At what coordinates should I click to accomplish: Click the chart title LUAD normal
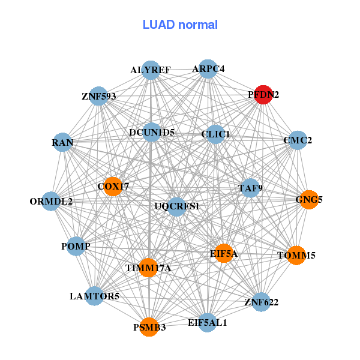180,25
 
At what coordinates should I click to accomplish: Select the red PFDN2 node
264,95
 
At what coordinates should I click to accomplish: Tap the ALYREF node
151,70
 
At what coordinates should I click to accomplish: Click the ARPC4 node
208,69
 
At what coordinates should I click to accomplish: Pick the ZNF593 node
98,96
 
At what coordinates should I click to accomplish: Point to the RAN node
62,143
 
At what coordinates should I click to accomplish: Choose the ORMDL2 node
52,201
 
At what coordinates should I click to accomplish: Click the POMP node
76,247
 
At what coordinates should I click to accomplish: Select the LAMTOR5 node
94,296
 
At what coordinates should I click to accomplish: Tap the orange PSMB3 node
149,327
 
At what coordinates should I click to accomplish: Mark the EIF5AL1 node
207,322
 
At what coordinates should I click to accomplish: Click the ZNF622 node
261,302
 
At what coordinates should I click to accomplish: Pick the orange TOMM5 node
296,255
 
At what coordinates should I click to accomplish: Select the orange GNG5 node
308,199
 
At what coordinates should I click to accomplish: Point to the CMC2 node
298,141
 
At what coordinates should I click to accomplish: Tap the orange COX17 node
113,187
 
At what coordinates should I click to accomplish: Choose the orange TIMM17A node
148,268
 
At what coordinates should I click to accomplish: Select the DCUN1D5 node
151,133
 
